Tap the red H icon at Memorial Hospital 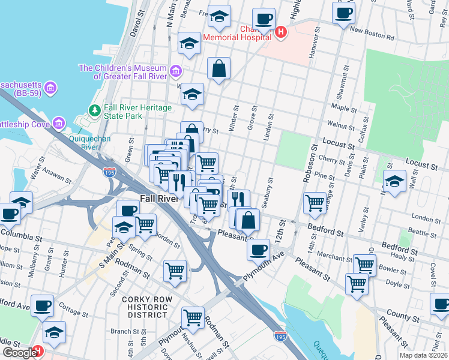[x=281, y=32]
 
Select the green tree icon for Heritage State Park [x=94, y=110]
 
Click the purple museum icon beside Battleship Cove [x=58, y=124]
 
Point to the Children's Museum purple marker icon [x=176, y=71]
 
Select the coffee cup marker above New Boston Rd [x=343, y=13]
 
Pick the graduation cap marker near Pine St [x=394, y=181]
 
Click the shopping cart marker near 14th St [x=315, y=203]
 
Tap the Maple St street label [x=344, y=108]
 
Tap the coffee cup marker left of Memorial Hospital [x=263, y=19]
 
